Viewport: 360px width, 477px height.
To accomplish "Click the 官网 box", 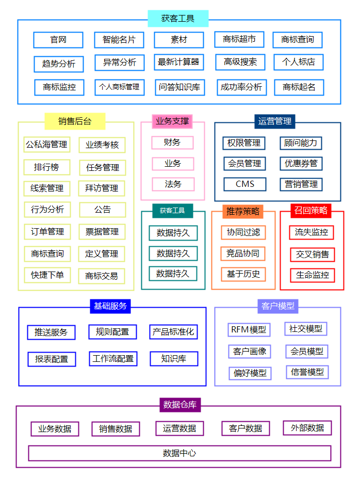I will [x=58, y=40].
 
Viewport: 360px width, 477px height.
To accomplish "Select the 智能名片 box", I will [x=119, y=40].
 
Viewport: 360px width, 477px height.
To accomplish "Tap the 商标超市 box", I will [x=239, y=39].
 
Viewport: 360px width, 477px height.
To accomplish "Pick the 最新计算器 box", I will [x=178, y=62].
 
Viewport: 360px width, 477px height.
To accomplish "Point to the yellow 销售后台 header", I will [x=75, y=121].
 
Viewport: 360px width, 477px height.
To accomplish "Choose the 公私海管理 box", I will [x=47, y=145].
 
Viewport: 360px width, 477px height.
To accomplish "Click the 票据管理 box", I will [x=102, y=232].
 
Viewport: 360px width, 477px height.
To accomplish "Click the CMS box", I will [x=245, y=184].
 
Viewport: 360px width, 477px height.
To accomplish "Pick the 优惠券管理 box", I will [x=301, y=164].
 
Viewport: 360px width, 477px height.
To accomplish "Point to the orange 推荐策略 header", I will [x=243, y=211].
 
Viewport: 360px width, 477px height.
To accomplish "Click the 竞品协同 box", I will [x=243, y=253].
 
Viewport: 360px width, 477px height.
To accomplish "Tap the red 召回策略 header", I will [x=311, y=210].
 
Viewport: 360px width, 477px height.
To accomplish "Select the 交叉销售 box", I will [x=313, y=255].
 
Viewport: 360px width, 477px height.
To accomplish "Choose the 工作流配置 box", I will [x=113, y=359].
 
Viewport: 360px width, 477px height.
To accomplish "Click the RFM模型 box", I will [x=249, y=329].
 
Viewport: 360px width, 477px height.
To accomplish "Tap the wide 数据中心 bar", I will [x=179, y=453].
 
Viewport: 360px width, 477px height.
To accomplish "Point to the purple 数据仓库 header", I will [x=179, y=405].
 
